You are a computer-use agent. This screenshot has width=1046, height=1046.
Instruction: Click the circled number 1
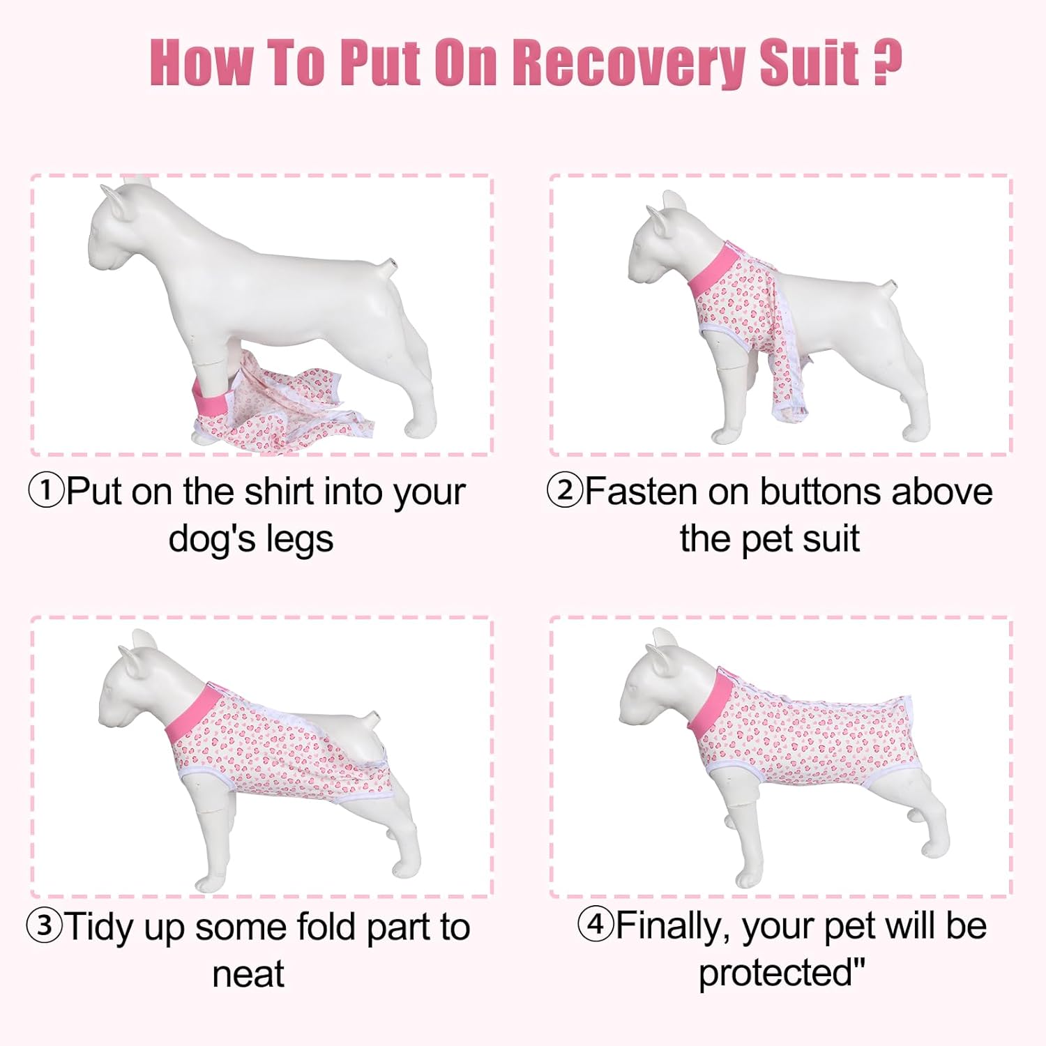pyautogui.click(x=45, y=491)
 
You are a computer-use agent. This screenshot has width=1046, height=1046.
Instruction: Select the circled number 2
pyautogui.click(x=564, y=490)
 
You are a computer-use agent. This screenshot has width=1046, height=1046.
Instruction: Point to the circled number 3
pyautogui.click(x=44, y=926)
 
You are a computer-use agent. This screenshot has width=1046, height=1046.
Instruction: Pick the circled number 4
pyautogui.click(x=595, y=925)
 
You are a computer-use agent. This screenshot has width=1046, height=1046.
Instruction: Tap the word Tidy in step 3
pyautogui.click(x=100, y=928)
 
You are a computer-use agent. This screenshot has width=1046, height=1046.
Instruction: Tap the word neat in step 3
pyautogui.click(x=248, y=974)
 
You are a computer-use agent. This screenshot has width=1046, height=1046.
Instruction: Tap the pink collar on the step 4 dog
pyautogui.click(x=711, y=704)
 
